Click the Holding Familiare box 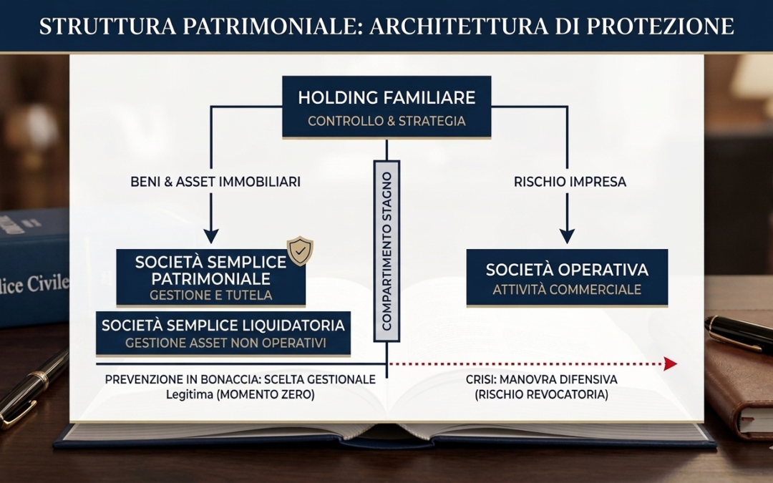[x=386, y=107]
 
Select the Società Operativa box [x=567, y=278]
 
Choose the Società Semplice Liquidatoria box [x=223, y=333]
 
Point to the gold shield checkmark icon [x=300, y=251]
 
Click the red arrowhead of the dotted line [x=670, y=364]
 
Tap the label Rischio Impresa [x=570, y=182]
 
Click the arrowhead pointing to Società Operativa [x=567, y=235]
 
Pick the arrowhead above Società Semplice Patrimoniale [x=211, y=235]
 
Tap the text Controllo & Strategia [x=386, y=121]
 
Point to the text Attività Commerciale [x=567, y=290]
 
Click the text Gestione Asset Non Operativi [x=225, y=343]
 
